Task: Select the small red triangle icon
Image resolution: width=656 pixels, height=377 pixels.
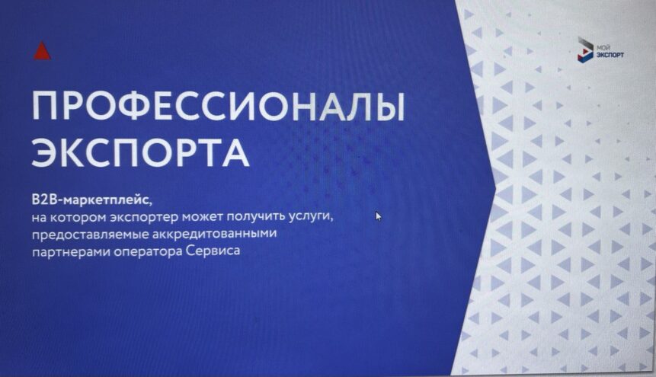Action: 42,51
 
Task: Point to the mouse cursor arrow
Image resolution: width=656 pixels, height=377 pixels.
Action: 379,216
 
